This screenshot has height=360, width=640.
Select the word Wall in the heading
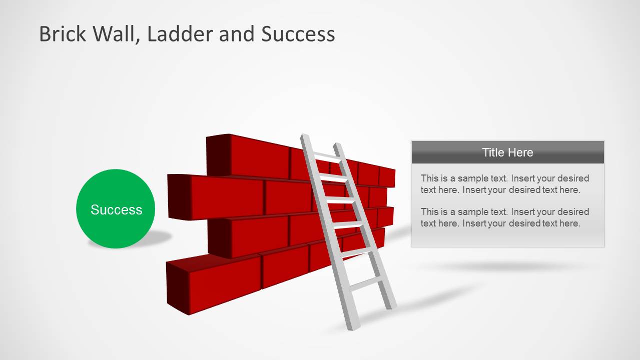click(117, 34)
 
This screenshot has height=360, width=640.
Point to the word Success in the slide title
click(298, 34)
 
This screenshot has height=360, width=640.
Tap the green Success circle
click(116, 209)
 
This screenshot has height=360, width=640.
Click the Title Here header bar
click(507, 152)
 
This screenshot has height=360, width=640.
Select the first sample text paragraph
click(504, 184)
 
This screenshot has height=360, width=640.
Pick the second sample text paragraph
click(504, 217)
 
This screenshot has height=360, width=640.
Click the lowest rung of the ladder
click(366, 284)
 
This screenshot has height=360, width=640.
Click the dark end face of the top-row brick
click(218, 154)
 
